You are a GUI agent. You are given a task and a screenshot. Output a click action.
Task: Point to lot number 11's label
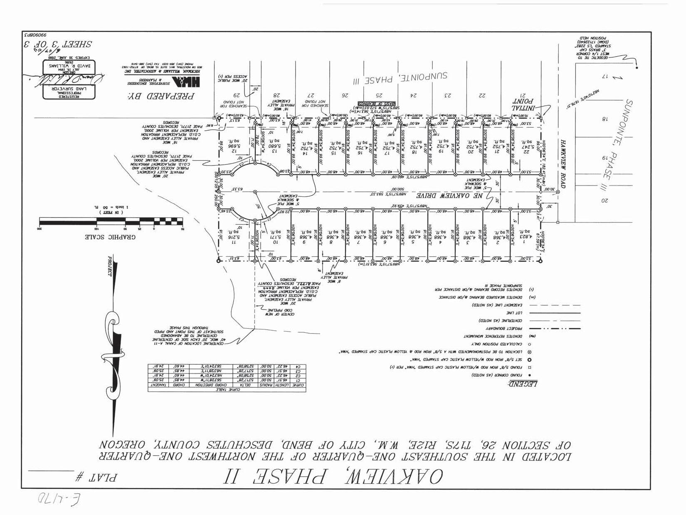point(234,242)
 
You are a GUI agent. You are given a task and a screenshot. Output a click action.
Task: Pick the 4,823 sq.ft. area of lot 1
point(525,237)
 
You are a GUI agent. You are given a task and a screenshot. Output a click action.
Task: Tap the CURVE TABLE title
point(227,390)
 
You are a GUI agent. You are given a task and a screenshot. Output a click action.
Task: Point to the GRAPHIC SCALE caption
point(111,237)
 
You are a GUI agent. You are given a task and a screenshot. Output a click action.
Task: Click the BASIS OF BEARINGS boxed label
point(377,104)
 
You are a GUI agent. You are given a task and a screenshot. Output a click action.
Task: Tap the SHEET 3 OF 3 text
point(58,44)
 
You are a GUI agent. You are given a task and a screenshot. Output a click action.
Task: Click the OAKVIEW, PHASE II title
point(333,477)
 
